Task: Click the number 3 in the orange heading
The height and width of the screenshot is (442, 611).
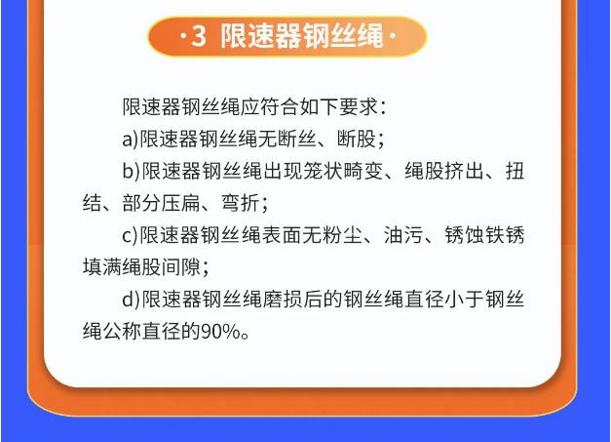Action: point(199,36)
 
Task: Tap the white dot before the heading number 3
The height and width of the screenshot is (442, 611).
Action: point(183,37)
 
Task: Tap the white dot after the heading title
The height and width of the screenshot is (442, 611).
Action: point(393,36)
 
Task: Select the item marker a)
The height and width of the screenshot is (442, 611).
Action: point(131,139)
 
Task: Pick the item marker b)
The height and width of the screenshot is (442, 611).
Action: point(131,171)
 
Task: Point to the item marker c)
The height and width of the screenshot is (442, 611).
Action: point(131,235)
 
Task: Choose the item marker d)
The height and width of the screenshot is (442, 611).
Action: point(131,300)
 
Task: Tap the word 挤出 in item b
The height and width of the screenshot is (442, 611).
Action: point(465,171)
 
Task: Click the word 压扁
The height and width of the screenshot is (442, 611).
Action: point(181,203)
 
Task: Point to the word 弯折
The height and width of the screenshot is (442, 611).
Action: point(241,203)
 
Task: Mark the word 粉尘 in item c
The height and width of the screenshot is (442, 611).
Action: point(343,235)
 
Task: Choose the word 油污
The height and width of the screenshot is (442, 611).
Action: point(403,235)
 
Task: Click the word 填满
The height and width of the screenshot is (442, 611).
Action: point(102,267)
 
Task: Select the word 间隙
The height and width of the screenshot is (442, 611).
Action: point(181,267)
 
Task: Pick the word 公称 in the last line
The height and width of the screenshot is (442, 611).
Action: point(122,332)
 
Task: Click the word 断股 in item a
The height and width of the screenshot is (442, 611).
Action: point(356,139)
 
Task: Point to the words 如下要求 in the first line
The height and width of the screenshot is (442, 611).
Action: point(338,107)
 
